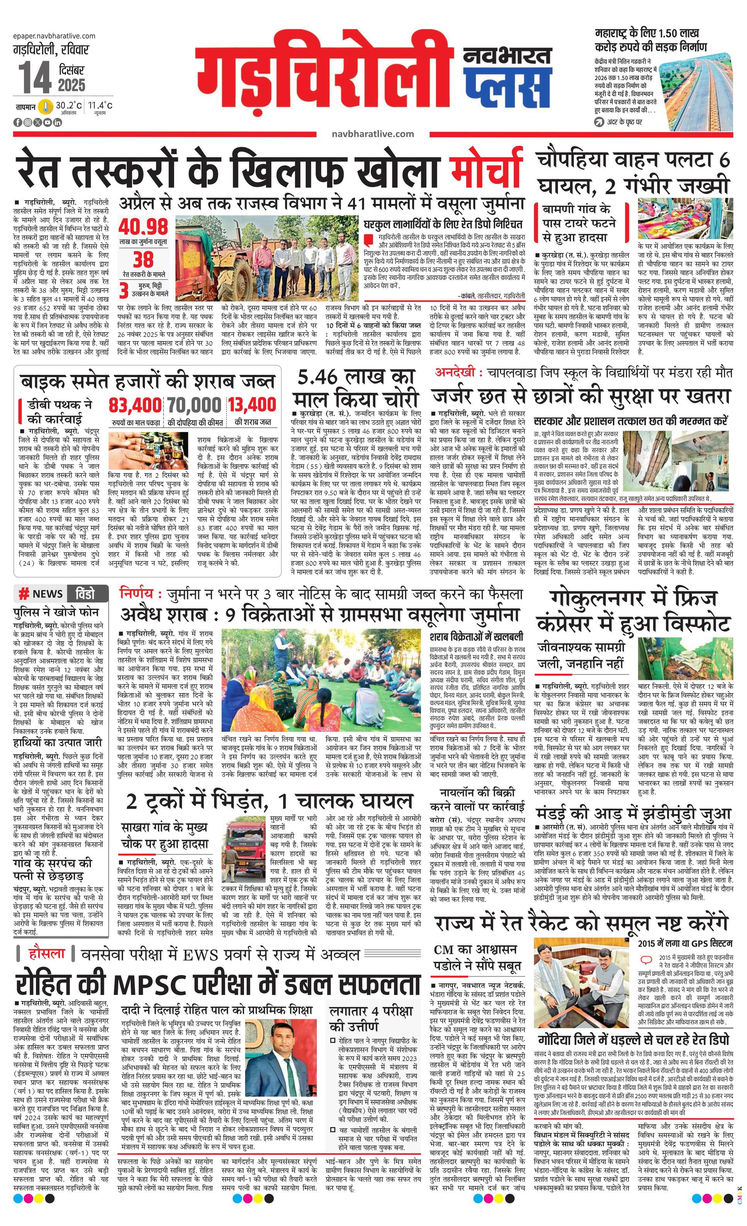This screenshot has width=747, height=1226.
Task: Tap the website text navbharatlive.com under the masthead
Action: point(372,133)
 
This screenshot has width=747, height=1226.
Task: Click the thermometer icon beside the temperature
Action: point(46,107)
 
